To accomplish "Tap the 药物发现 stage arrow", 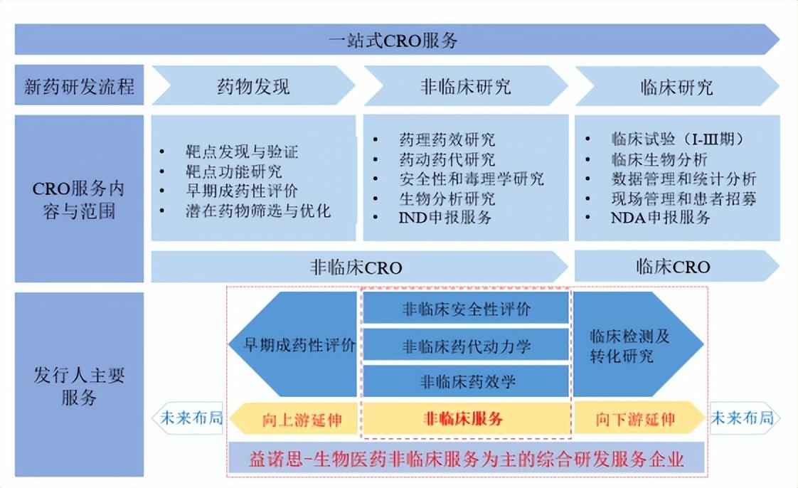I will (253, 87).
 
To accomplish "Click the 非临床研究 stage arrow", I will (465, 87).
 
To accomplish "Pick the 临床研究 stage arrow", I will (676, 87).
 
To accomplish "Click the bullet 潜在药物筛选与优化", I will (254, 211).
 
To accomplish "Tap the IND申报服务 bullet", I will (445, 218).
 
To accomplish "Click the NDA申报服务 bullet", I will (660, 218).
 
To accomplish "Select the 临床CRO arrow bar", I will (672, 267).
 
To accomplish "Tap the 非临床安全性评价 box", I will (466, 309).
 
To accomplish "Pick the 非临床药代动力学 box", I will (466, 346).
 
